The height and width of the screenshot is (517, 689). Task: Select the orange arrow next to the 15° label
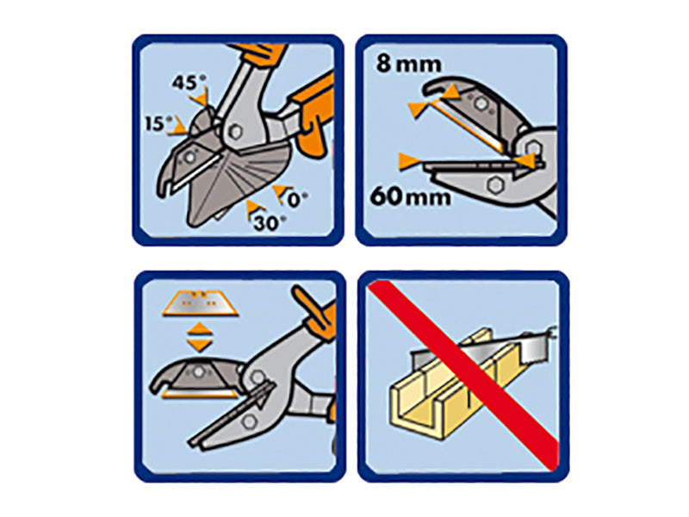click(x=179, y=129)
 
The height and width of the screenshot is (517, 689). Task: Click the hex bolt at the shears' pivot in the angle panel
click(x=235, y=132)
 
